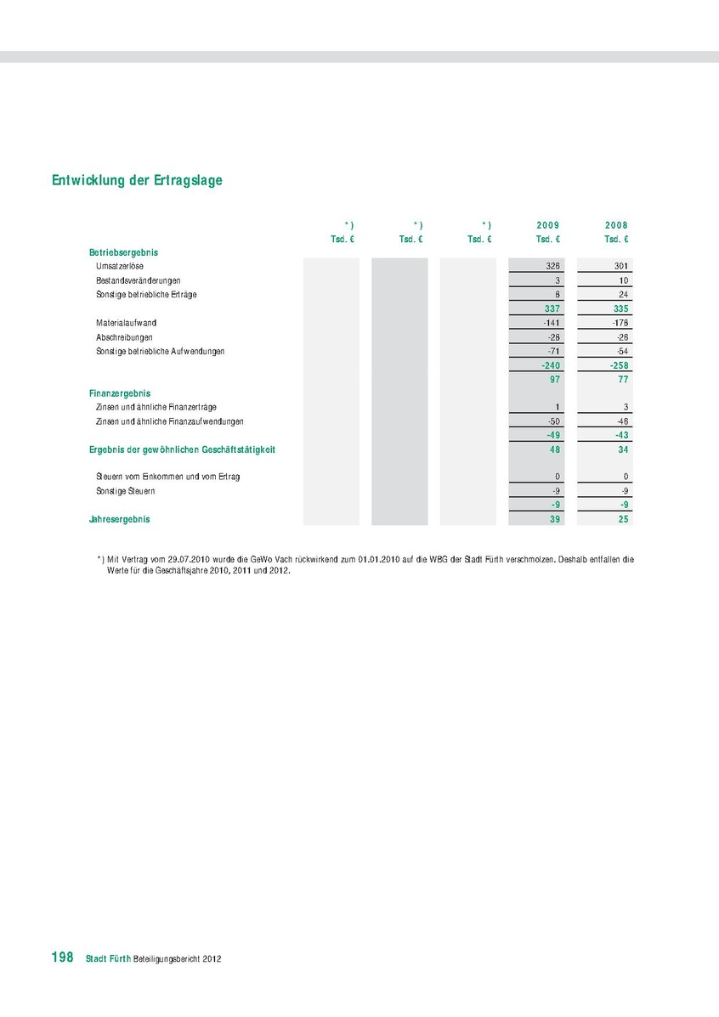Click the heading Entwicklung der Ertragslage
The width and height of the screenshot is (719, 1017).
click(x=137, y=181)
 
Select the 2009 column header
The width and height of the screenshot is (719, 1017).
click(x=548, y=225)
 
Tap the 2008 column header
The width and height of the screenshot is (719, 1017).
click(x=616, y=225)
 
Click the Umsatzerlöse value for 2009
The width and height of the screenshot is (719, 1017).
click(x=552, y=266)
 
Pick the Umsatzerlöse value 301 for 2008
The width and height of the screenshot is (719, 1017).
click(x=620, y=266)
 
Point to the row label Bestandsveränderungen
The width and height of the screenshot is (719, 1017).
click(x=139, y=280)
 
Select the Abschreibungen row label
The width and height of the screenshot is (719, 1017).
click(x=124, y=337)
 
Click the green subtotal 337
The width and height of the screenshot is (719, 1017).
click(x=552, y=308)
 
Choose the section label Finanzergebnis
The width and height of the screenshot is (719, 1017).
click(x=120, y=393)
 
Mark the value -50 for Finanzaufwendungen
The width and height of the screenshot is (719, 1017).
click(x=551, y=421)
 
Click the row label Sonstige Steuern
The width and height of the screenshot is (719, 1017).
click(x=126, y=491)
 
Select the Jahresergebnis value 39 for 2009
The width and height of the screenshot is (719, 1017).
click(x=553, y=519)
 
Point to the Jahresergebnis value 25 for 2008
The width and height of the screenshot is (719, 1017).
click(x=623, y=519)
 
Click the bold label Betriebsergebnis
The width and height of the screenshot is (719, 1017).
click(x=123, y=252)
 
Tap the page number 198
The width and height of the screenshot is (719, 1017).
click(x=63, y=958)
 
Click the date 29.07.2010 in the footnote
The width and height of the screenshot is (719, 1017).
click(x=184, y=560)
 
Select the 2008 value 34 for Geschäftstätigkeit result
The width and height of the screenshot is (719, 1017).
click(x=623, y=449)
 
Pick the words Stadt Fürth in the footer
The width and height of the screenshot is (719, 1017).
click(x=108, y=958)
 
